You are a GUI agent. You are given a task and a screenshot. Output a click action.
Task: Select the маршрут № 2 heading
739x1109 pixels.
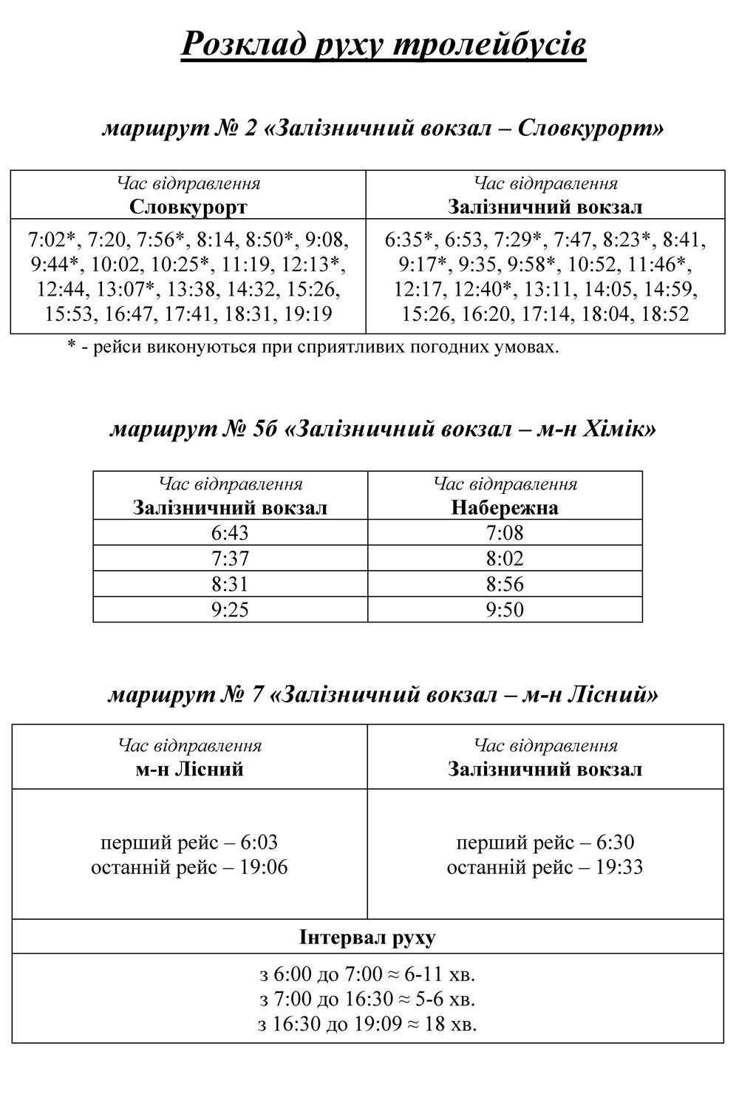(383, 128)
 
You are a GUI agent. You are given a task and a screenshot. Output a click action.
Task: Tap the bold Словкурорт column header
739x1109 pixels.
(188, 207)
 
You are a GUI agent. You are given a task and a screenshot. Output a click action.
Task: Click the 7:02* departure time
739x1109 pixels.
(52, 240)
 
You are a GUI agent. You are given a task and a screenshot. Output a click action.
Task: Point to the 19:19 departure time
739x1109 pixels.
(308, 314)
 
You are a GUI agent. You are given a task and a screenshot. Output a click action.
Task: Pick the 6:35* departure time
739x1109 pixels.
(409, 240)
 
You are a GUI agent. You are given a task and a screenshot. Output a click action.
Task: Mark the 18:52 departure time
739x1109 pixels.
(664, 314)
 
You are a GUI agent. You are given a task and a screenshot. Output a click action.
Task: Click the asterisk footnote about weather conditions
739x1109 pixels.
(313, 346)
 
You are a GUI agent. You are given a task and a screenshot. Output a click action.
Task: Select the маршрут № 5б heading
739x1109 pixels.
(383, 429)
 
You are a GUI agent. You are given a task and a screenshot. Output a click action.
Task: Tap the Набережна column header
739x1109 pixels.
(505, 508)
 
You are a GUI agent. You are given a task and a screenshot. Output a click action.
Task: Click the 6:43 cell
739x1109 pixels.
(230, 532)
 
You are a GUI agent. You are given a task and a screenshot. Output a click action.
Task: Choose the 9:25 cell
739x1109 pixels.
(230, 609)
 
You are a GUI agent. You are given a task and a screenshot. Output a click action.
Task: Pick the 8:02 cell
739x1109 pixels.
(505, 558)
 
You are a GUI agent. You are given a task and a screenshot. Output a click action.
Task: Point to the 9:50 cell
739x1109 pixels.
(505, 609)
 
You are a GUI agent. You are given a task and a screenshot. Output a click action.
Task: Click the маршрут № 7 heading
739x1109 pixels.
(383, 695)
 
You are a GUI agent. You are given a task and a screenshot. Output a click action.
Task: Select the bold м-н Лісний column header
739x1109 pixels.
(189, 769)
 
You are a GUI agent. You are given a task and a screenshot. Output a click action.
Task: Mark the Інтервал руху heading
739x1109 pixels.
(367, 937)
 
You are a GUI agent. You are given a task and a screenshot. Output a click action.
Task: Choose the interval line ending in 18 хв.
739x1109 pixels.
(367, 1024)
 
